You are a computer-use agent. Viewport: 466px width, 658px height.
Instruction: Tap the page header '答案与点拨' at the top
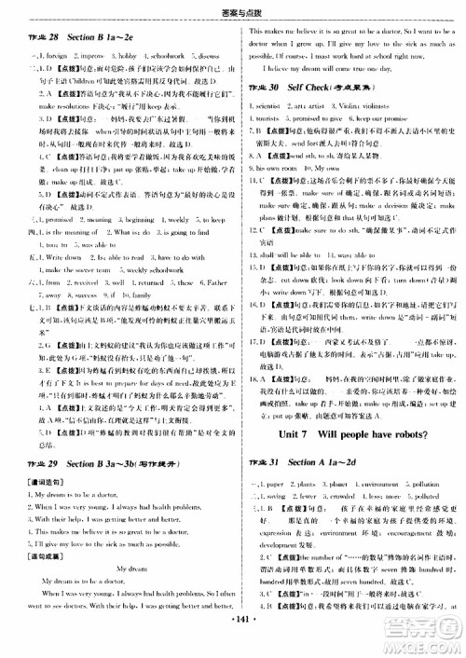232,8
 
